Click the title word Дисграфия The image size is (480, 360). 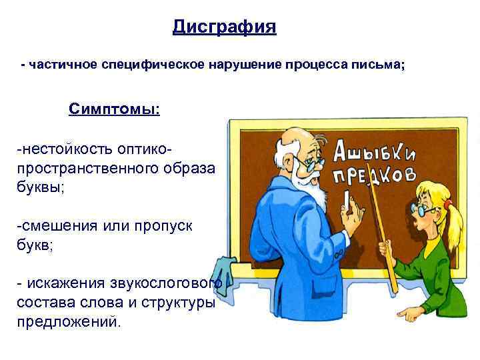(x=224, y=27)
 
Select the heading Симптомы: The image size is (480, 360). (x=114, y=108)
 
